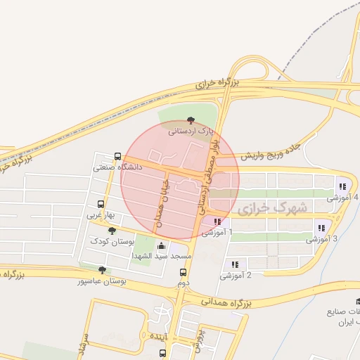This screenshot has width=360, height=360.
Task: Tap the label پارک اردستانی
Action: pos(188,131)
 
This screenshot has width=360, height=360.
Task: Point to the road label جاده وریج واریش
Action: pos(272,155)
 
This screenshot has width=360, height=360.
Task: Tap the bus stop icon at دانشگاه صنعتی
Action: pos(117,157)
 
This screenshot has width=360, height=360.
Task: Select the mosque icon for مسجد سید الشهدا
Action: pos(162,246)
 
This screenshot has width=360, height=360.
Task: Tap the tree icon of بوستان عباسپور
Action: pos(103,269)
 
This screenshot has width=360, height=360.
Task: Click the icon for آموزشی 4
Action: pos(342,187)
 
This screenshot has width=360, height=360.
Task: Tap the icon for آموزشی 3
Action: pos(321,228)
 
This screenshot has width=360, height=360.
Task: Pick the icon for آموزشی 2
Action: pos(235,264)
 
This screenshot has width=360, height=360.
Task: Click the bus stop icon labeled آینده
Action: pos(174,347)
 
